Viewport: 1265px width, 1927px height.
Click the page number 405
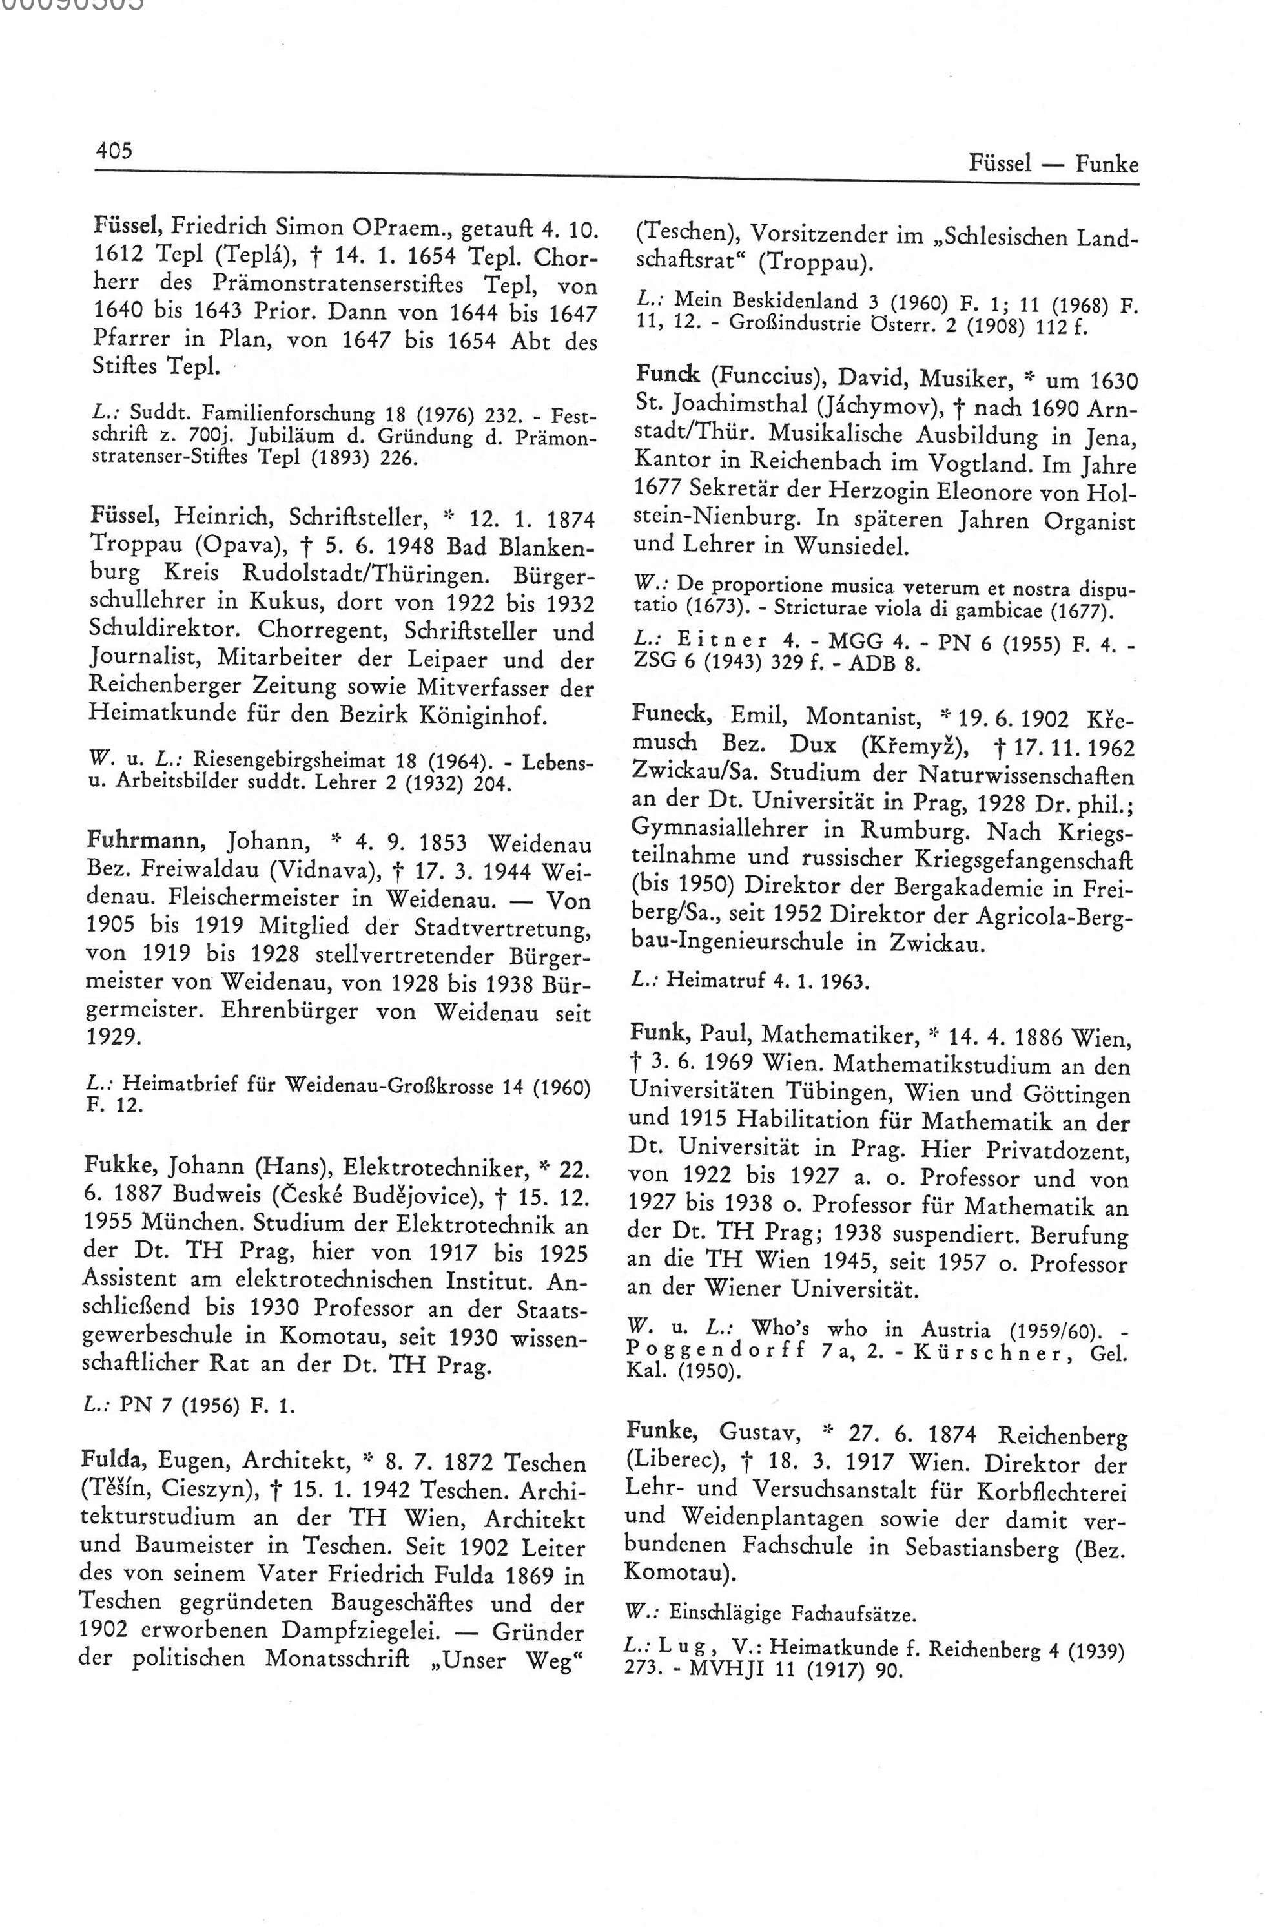click(x=113, y=151)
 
